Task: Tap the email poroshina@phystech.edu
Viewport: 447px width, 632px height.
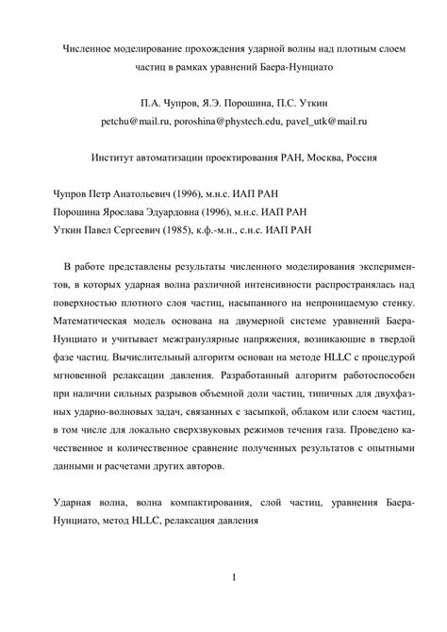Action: point(231,123)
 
